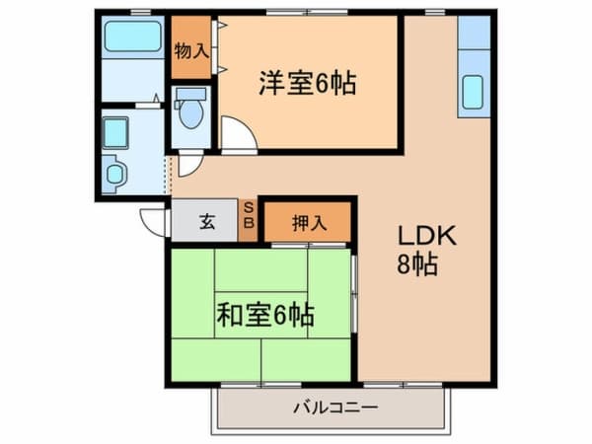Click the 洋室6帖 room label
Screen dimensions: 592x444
307,84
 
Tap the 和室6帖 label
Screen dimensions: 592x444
265,316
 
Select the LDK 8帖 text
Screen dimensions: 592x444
426,250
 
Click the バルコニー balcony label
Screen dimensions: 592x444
335,408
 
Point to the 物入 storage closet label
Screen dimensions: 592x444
191,51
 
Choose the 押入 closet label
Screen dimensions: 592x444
309,224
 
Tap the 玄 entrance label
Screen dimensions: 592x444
207,221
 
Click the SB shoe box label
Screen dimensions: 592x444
249,215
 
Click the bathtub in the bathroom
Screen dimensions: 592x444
132,37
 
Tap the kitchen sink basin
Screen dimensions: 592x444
473,93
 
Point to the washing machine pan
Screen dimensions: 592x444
115,133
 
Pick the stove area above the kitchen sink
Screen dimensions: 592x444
474,33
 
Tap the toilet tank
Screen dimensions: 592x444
191,94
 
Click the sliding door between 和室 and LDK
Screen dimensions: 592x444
354,294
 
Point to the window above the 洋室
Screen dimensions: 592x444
307,13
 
